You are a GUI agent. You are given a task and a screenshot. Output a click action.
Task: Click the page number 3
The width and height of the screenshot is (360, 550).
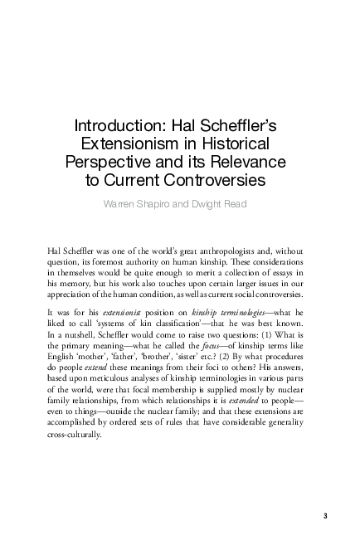326,516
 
